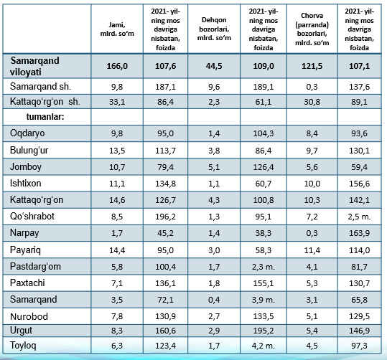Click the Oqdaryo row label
[27, 133]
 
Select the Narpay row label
[24, 233]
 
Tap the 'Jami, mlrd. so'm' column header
[117, 29]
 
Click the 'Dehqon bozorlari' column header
[214, 29]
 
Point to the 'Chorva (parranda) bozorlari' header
[312, 29]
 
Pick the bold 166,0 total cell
[117, 66]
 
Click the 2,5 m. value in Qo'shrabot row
[359, 217]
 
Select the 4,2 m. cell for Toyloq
[263, 346]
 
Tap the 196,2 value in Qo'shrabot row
[165, 217]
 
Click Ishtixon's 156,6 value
[359, 184]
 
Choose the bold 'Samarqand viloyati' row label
[34, 66]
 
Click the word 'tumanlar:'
[45, 117]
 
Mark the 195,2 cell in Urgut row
[263, 331]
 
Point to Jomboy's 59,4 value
[359, 167]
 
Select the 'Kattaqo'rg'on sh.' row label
[45, 102]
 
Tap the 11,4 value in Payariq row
[312, 250]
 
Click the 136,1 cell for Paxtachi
[165, 283]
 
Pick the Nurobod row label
[29, 316]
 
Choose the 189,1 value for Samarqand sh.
[263, 87]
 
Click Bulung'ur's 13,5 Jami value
[117, 151]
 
